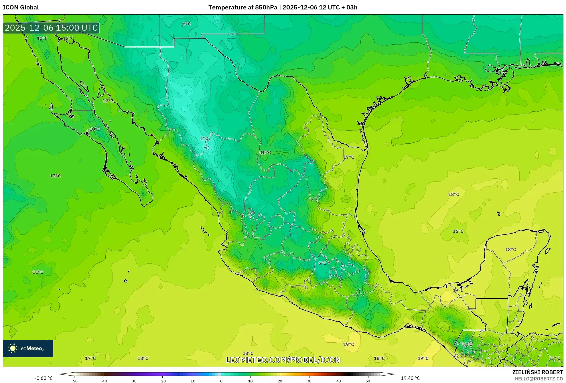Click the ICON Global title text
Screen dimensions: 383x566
point(21,7)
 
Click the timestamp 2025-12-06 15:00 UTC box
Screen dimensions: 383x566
point(51,28)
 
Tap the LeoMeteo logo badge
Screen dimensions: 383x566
point(28,348)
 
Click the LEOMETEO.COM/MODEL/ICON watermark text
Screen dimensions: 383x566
point(283,360)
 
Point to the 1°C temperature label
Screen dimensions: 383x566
point(204,139)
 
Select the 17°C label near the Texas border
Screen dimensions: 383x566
point(348,157)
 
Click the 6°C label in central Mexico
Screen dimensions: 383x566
point(322,263)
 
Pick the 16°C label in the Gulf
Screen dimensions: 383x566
point(458,231)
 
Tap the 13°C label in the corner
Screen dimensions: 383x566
point(555,358)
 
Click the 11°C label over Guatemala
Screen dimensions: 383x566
point(467,344)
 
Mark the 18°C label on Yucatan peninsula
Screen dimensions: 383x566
point(510,249)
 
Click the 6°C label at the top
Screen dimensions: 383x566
point(187,24)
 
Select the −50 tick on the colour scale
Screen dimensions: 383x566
point(74,381)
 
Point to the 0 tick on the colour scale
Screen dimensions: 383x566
point(221,381)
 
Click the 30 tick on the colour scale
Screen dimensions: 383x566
point(309,381)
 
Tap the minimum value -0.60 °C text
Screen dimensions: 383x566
point(44,378)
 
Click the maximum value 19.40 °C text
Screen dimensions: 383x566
point(410,378)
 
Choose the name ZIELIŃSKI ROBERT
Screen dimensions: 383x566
point(537,372)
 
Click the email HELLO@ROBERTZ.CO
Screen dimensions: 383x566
point(539,379)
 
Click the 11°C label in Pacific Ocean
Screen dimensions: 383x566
point(38,272)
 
